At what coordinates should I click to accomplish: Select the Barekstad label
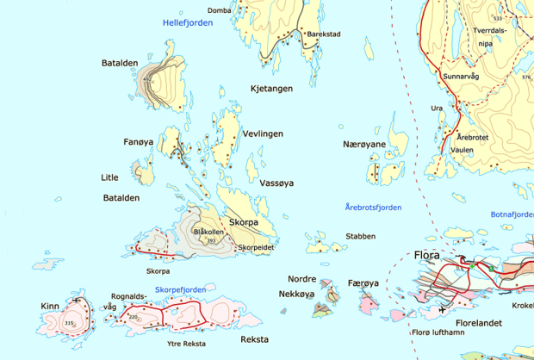tap(324, 34)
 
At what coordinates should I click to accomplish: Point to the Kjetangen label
tap(271, 88)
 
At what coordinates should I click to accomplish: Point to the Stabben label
tap(360, 235)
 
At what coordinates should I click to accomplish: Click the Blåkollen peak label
tap(209, 232)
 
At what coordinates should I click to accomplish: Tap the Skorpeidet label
tap(256, 247)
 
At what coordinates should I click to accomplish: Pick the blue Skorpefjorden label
tap(179, 289)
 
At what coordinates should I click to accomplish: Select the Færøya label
tap(363, 282)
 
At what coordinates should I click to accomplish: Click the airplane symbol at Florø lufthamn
tap(442, 309)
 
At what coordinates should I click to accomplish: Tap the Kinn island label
tap(50, 306)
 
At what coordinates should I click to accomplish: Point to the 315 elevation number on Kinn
tap(69, 323)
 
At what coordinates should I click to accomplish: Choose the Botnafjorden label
tap(511, 214)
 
